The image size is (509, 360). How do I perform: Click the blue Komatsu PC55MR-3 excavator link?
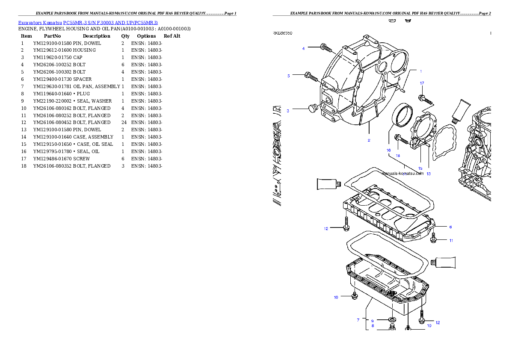click(88, 23)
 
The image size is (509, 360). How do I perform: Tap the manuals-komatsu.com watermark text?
click(402, 174)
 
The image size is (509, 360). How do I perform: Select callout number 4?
click(303, 48)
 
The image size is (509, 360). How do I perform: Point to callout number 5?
click(288, 76)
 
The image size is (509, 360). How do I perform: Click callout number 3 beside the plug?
click(288, 111)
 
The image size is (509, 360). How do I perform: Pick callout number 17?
click(422, 83)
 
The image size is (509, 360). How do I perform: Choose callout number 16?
click(388, 150)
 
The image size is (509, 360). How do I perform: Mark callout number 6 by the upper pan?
click(450, 227)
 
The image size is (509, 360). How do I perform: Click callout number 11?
click(451, 241)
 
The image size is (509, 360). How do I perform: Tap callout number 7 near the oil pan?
click(358, 319)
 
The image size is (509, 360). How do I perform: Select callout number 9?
click(372, 321)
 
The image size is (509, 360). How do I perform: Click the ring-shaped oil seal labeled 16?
click(402, 115)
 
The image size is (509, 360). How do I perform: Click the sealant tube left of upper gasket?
click(328, 184)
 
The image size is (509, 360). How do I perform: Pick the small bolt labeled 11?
click(433, 239)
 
